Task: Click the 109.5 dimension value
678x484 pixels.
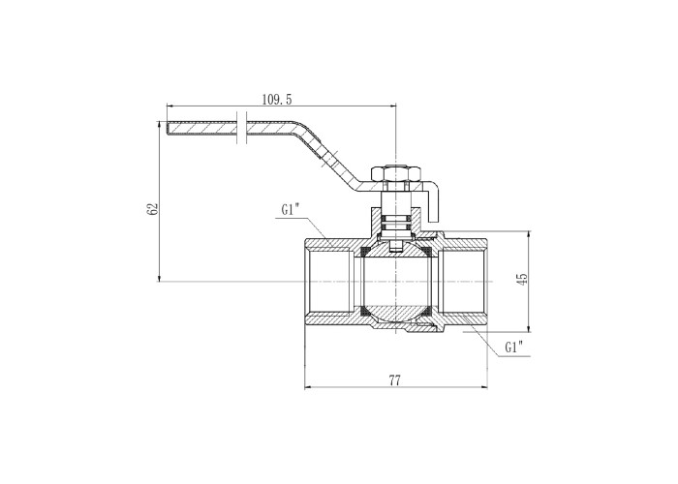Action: (277, 100)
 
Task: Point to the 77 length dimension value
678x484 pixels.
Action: (395, 380)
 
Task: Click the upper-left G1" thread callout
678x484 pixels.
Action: (291, 210)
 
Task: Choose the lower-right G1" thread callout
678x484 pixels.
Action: (514, 347)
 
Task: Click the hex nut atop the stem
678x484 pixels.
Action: (395, 173)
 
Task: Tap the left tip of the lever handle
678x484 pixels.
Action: (167, 129)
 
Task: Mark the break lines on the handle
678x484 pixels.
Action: (242, 128)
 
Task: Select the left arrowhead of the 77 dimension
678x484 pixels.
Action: (308, 387)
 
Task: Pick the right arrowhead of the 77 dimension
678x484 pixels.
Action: (484, 387)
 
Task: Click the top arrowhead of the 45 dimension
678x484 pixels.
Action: (529, 234)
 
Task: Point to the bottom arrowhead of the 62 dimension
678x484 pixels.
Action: (159, 279)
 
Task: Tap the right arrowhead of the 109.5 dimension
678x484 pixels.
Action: (392, 105)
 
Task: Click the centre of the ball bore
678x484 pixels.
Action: (395, 282)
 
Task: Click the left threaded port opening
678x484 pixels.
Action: (330, 282)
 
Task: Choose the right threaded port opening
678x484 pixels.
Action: (462, 282)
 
